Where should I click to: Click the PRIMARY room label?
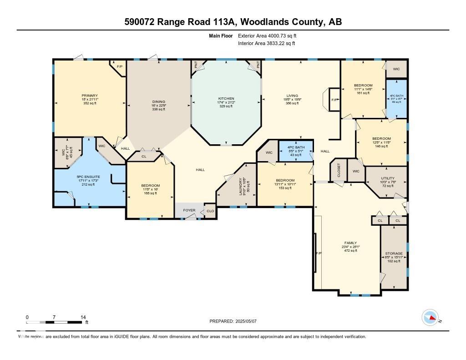(90, 96)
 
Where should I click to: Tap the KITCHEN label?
(226, 99)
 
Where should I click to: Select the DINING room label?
(158, 102)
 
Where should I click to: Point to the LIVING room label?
(292, 96)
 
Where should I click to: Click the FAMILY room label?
(350, 243)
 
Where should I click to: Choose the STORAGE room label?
(394, 254)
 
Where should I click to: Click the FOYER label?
(189, 210)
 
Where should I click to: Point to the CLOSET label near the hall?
(339, 170)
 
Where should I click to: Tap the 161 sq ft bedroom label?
(363, 86)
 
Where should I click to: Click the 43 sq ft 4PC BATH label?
(295, 148)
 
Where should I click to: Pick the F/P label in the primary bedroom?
(120, 67)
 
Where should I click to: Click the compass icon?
(430, 318)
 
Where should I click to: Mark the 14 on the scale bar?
(82, 317)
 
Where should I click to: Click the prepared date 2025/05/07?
(249, 321)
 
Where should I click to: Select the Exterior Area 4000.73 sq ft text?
(268, 35)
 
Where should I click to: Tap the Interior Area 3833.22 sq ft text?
(267, 43)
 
